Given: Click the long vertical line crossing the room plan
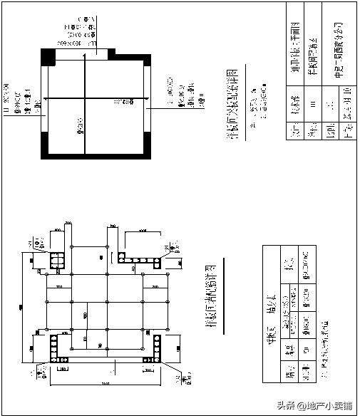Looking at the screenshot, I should (86, 100).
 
